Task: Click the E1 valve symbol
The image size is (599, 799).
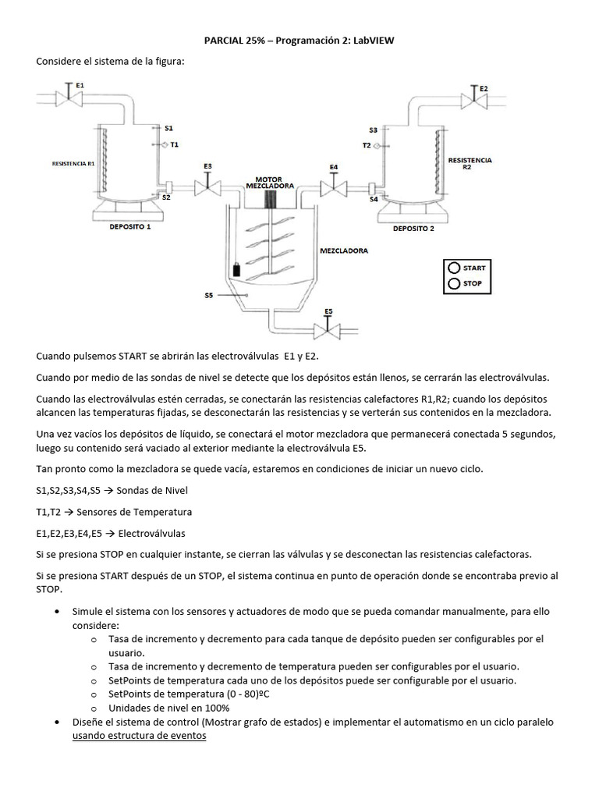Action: coord(69,98)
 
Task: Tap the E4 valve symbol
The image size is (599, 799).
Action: coord(334,187)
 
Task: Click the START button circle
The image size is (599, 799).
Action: coord(454,268)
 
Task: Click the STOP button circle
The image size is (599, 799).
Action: coord(454,284)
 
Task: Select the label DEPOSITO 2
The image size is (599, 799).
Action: coord(413,229)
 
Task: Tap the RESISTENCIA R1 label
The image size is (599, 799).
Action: coord(73,165)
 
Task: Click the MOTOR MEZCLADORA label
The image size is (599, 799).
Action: coord(269,183)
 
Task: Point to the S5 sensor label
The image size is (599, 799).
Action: coord(209,295)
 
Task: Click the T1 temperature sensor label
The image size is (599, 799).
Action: coord(174,144)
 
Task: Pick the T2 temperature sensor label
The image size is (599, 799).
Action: coord(366,145)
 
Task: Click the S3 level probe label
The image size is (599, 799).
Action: coord(373,130)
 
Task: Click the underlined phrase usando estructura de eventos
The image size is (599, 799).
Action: coord(139,736)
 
